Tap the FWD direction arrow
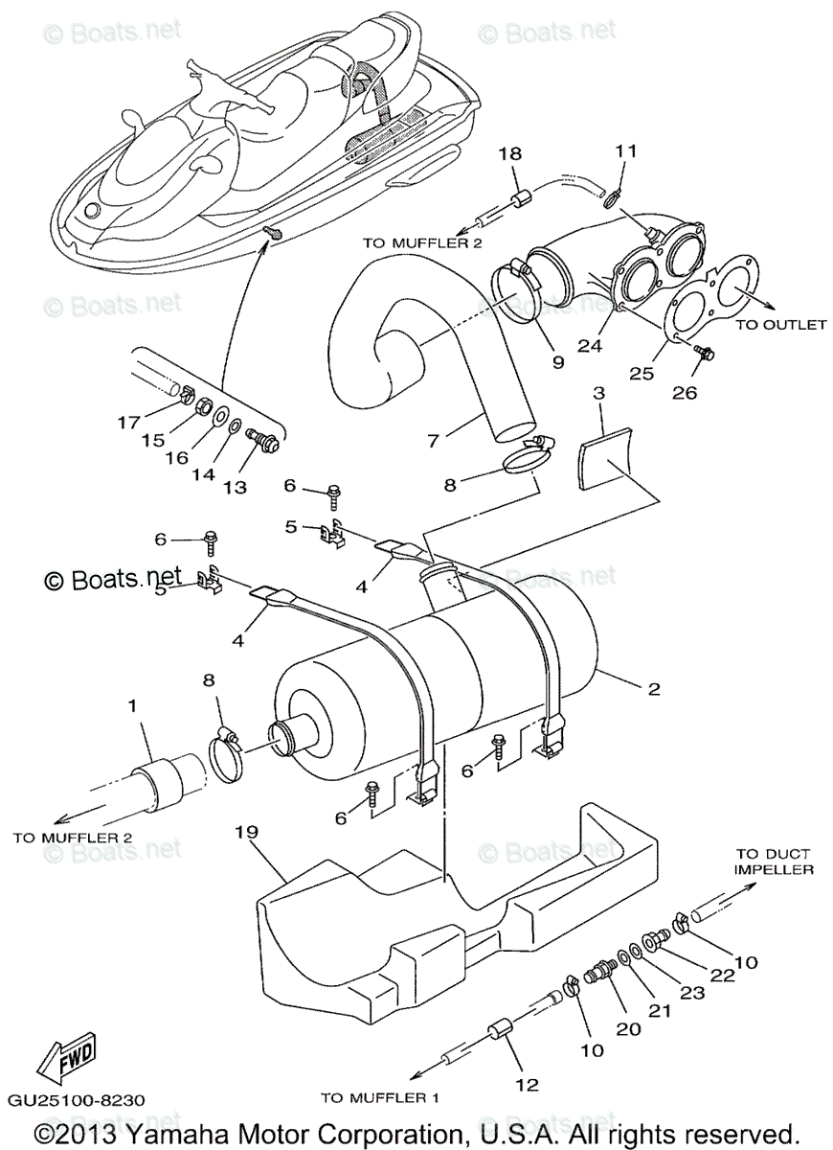tap(65, 1061)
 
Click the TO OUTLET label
tap(779, 325)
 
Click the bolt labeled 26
tap(704, 354)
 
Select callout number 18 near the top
tap(508, 152)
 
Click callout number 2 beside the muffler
tap(653, 688)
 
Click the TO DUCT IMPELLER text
tap(774, 862)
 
